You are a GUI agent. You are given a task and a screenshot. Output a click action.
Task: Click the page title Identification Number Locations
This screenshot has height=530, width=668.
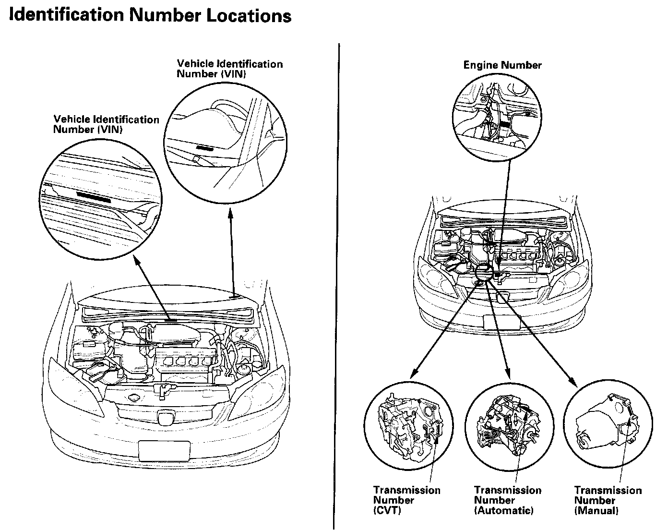(x=150, y=15)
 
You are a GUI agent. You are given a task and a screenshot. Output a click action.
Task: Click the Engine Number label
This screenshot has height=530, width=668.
(x=502, y=65)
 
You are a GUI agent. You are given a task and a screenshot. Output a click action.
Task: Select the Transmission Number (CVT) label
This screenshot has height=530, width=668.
(x=406, y=500)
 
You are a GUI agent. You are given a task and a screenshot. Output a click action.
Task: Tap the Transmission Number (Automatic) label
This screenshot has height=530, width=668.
(x=507, y=500)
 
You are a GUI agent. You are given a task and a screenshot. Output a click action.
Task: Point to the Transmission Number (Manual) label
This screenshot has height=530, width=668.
(x=608, y=500)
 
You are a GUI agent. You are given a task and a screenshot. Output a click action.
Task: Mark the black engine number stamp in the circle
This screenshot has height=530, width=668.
(x=506, y=124)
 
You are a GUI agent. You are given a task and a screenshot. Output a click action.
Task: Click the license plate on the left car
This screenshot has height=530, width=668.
(x=164, y=450)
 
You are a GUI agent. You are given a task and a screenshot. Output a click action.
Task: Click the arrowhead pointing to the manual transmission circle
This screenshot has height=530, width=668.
(x=573, y=381)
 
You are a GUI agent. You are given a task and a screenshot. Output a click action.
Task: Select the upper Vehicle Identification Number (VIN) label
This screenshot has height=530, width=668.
(x=229, y=69)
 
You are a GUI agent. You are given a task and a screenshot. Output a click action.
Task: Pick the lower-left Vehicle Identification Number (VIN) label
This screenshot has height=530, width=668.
(x=106, y=124)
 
